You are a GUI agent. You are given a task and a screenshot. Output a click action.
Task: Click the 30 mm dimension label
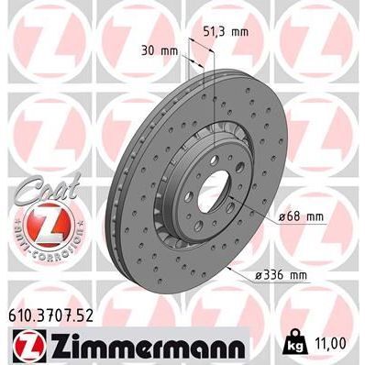162,50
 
